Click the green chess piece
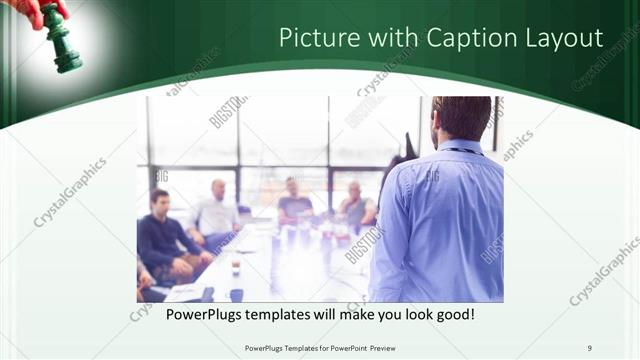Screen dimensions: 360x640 (x=63, y=40)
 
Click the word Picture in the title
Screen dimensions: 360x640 (x=313, y=39)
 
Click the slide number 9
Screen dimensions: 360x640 (x=590, y=347)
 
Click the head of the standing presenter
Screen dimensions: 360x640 (x=462, y=117)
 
